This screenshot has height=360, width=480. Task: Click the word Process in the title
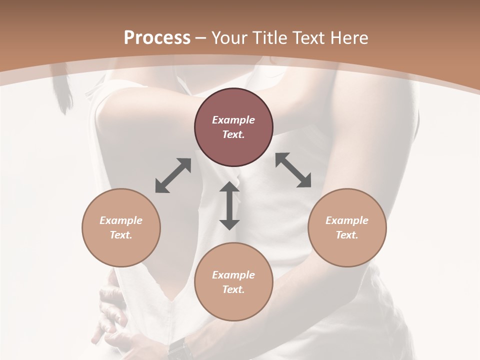157,38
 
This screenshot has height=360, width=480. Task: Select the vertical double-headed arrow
229,206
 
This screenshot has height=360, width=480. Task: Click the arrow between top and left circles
173,175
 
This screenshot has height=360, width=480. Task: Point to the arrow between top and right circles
293,170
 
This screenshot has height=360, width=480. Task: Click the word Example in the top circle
233,120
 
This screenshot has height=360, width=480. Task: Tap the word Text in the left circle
121,235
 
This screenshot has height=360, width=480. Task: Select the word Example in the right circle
347,220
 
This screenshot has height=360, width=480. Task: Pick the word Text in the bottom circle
233,289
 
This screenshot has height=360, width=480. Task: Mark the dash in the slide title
201,38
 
